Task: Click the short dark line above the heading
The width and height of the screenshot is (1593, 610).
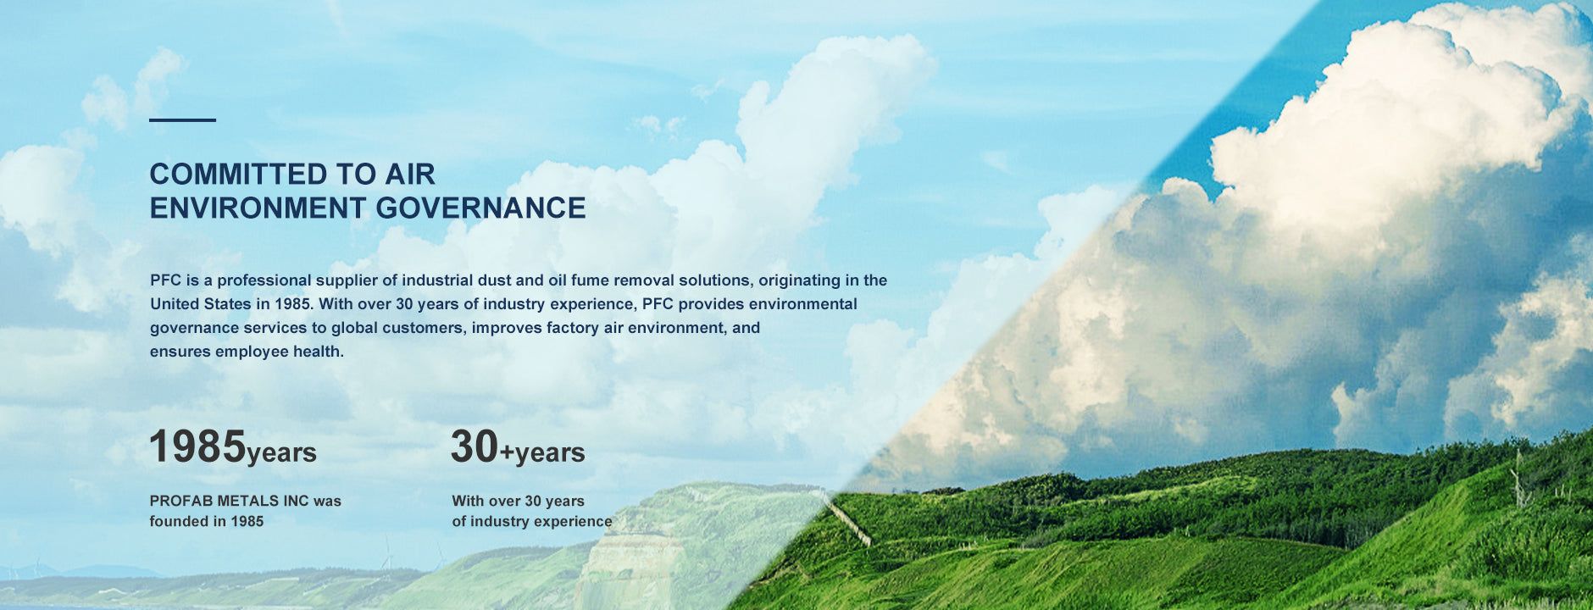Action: click(x=182, y=120)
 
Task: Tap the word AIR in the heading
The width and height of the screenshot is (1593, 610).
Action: click(x=410, y=175)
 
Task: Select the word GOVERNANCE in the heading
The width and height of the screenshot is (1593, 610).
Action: click(x=480, y=208)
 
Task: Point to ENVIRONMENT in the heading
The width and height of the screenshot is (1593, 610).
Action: click(x=258, y=208)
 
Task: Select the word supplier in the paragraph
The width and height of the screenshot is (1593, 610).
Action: click(x=348, y=280)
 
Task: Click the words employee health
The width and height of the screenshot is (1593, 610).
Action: click(x=280, y=352)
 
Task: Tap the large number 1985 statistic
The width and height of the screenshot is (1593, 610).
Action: click(x=197, y=446)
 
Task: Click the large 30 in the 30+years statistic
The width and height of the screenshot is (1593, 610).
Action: click(x=475, y=446)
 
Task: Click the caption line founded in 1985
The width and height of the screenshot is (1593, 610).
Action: click(x=207, y=521)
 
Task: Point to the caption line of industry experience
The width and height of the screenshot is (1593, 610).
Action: click(x=532, y=521)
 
